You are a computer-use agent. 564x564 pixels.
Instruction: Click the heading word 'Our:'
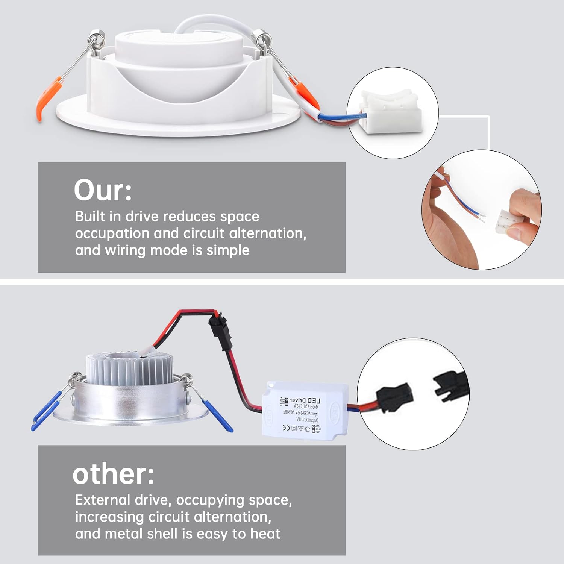[x=103, y=190]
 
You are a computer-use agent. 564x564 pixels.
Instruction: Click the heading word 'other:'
[x=113, y=474]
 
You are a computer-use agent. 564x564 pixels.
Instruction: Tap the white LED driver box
[x=305, y=411]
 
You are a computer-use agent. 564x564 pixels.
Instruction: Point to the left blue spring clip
[x=47, y=411]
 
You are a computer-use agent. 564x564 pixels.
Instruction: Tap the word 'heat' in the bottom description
[x=265, y=534]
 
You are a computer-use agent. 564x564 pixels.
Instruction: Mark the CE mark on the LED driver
[x=286, y=428]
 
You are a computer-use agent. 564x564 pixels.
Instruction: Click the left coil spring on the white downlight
[x=96, y=40]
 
